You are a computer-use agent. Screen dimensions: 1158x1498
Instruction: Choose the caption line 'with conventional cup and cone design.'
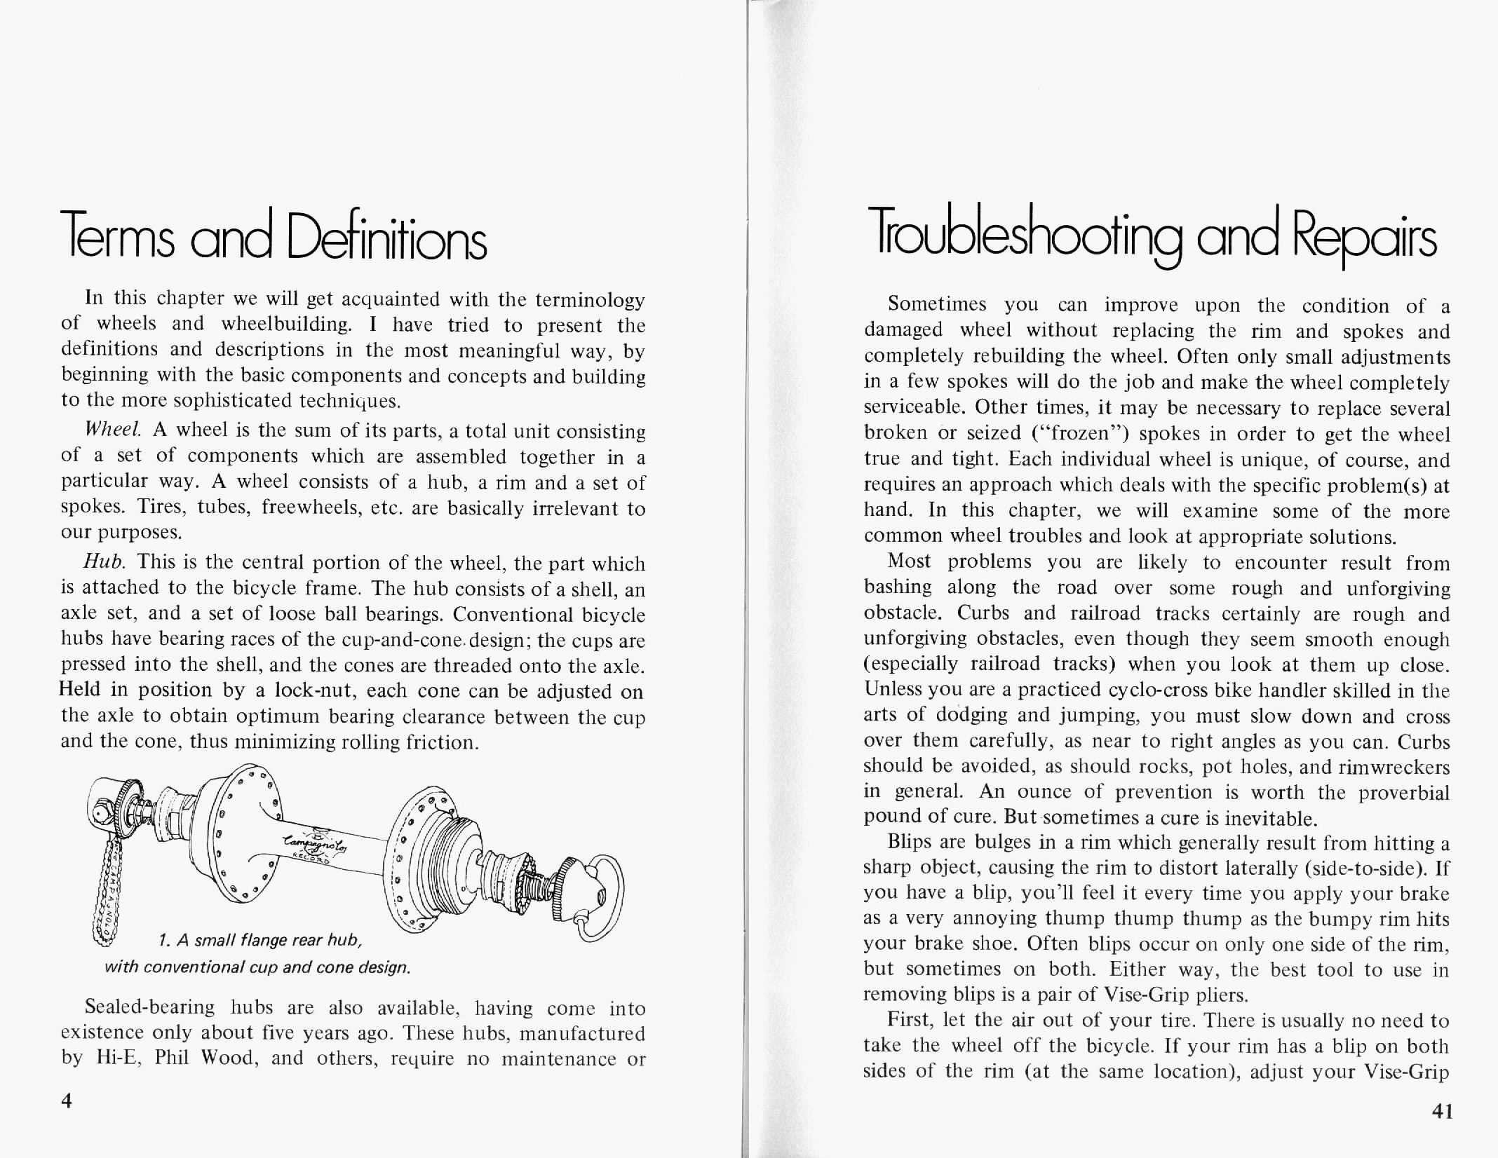[x=257, y=968]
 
